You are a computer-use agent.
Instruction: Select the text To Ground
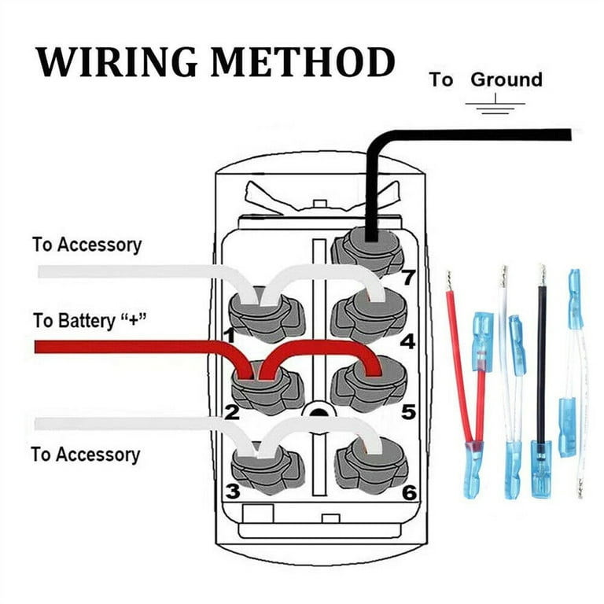point(485,79)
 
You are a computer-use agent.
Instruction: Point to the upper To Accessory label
point(87,245)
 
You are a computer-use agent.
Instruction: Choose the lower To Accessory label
point(85,455)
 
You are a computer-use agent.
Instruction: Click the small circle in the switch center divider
point(317,411)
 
